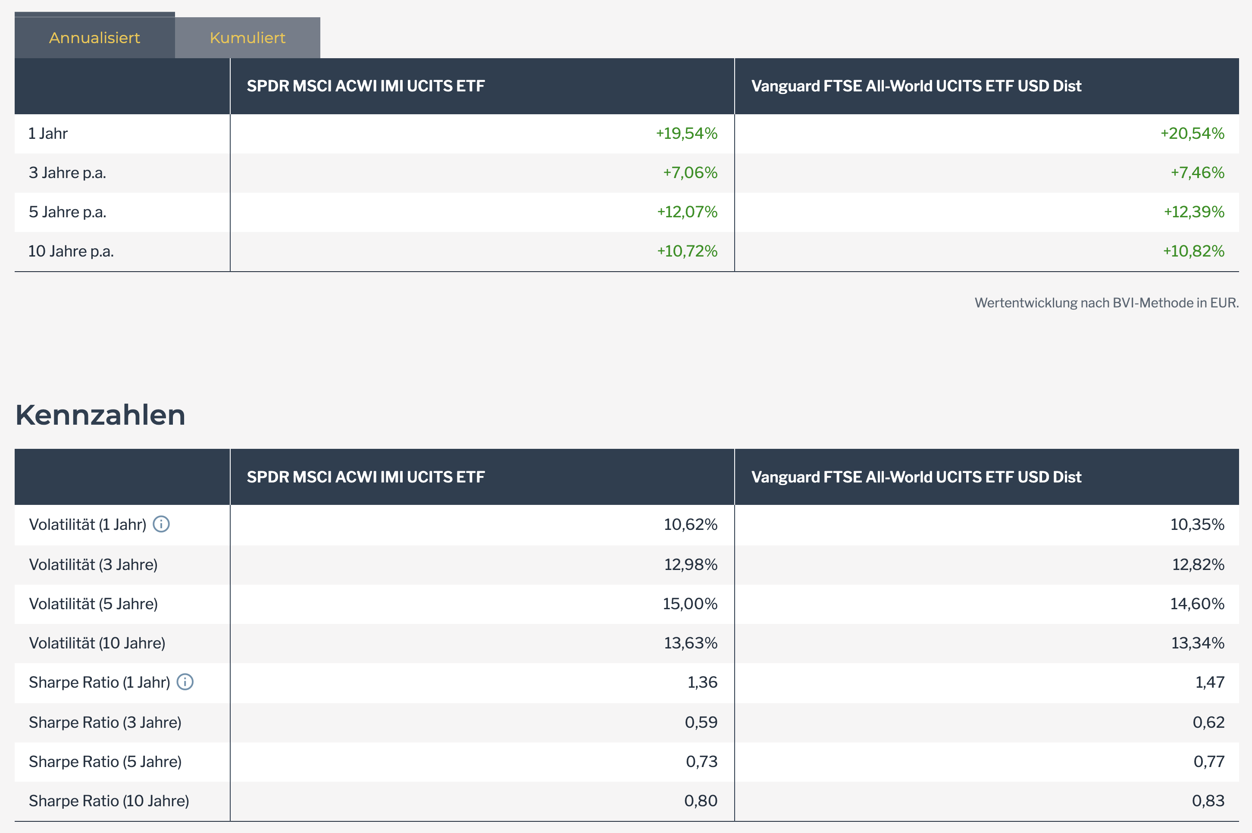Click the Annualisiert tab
(94, 38)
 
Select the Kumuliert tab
(247, 38)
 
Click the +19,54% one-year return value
(686, 133)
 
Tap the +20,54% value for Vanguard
(1192, 133)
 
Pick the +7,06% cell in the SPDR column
(689, 172)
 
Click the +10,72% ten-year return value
(687, 251)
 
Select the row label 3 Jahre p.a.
(67, 172)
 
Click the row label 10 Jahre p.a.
(71, 251)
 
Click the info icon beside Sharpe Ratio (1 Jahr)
(185, 682)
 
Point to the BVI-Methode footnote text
(1106, 303)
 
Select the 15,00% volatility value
(689, 604)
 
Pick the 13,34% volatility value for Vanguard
(1197, 643)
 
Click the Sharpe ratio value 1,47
(1209, 682)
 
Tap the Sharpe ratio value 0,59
(701, 722)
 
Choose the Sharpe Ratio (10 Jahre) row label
(109, 801)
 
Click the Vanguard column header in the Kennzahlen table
(916, 477)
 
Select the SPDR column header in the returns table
(366, 86)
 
